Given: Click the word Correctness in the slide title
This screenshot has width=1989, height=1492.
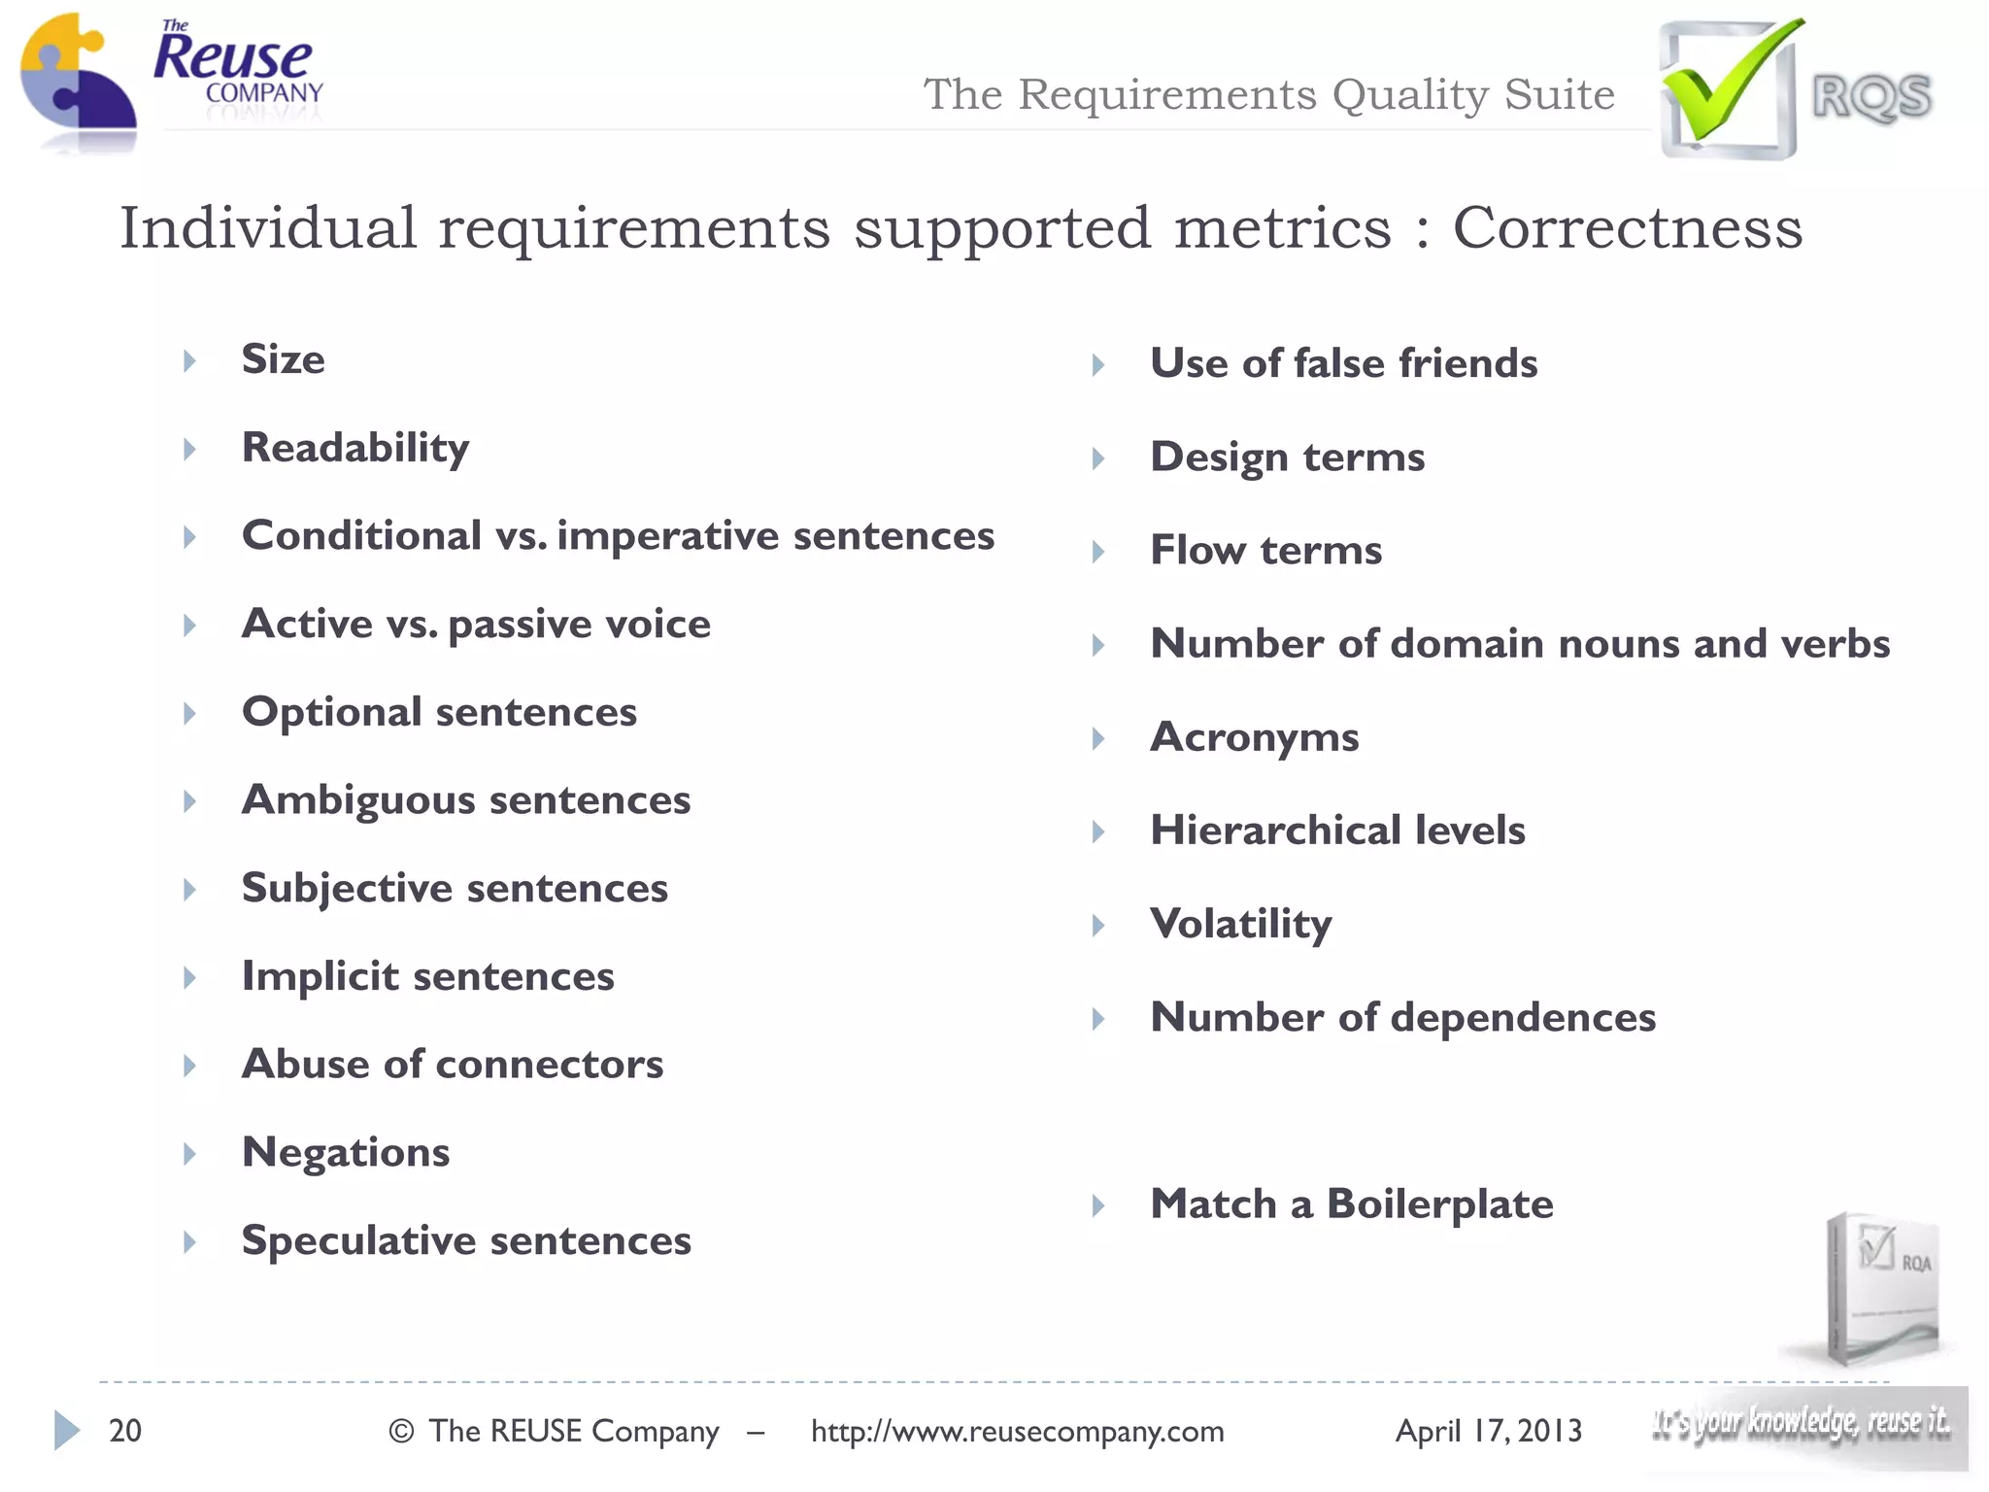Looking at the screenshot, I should point(1627,228).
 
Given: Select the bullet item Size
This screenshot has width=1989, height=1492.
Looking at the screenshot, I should point(283,359).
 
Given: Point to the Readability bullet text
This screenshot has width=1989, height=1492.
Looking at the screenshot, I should point(355,448).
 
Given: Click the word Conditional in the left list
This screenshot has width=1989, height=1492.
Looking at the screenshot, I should point(361,536).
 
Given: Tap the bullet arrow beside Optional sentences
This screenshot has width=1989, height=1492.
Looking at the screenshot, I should point(190,714).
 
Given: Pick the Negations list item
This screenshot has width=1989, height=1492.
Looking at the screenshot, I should point(346,1153).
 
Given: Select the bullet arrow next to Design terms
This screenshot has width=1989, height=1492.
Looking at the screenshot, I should point(1098,458).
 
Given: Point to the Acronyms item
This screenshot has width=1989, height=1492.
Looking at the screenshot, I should point(1254,737).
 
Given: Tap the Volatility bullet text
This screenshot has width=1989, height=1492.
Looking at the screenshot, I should point(1240,924).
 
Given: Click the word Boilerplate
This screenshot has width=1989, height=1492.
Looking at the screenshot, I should point(1439,1204).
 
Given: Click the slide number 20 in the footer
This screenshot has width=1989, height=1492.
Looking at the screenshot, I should point(125,1431).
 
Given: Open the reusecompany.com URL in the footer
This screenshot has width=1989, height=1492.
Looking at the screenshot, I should point(1017,1431).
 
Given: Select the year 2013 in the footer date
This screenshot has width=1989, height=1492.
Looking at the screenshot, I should point(1549,1431).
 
